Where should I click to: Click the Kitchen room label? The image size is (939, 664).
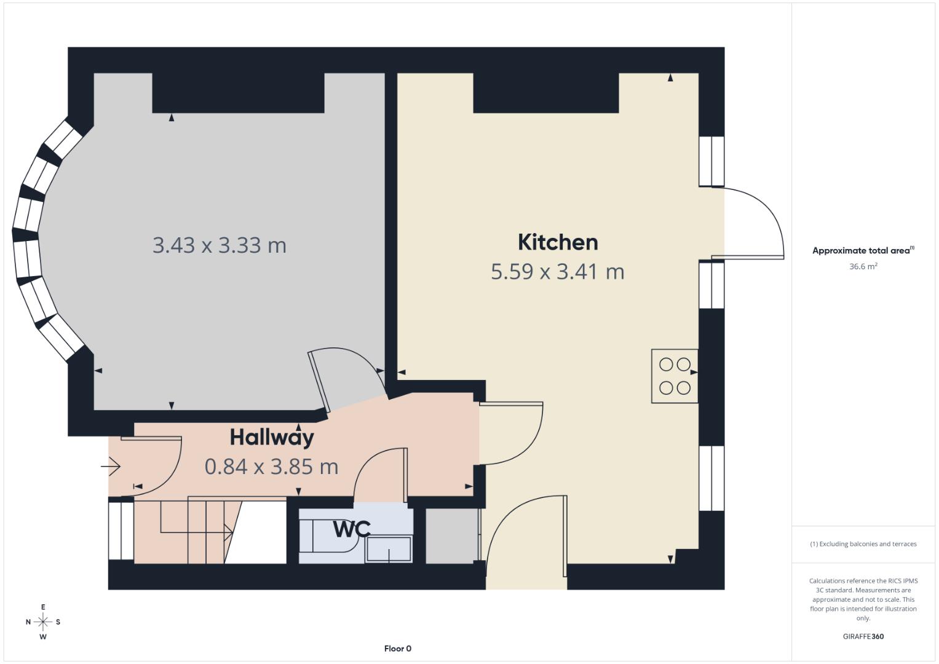pyautogui.click(x=557, y=242)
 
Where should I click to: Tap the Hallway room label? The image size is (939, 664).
pyautogui.click(x=272, y=437)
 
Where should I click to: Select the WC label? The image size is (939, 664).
pyautogui.click(x=352, y=529)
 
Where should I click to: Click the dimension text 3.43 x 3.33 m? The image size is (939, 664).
pyautogui.click(x=219, y=245)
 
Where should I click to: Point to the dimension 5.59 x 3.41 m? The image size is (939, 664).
pyautogui.click(x=557, y=271)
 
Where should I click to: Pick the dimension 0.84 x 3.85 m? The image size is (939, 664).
pyautogui.click(x=271, y=467)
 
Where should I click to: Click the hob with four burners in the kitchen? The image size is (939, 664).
pyautogui.click(x=675, y=376)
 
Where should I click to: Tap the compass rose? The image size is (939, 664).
pyautogui.click(x=43, y=622)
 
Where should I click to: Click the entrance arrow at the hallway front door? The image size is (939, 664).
pyautogui.click(x=111, y=468)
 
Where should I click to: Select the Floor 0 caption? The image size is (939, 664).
pyautogui.click(x=397, y=649)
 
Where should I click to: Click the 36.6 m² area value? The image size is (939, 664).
pyautogui.click(x=863, y=266)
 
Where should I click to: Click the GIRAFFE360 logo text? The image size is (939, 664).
pyautogui.click(x=863, y=636)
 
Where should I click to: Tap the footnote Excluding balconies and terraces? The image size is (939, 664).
pyautogui.click(x=863, y=544)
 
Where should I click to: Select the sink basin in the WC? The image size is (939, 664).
pyautogui.click(x=388, y=549)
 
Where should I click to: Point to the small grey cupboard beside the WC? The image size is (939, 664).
pyautogui.click(x=452, y=536)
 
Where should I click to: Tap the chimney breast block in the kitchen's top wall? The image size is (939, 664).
pyautogui.click(x=545, y=93)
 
